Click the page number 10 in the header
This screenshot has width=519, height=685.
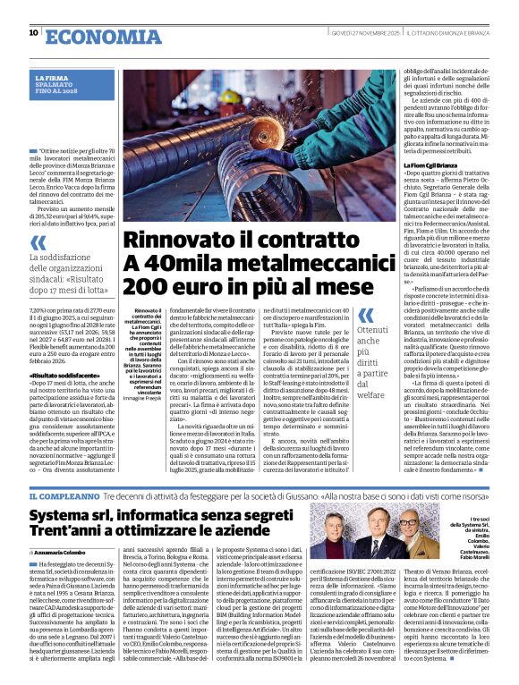[33, 33]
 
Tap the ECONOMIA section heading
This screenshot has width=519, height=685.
[96, 35]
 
